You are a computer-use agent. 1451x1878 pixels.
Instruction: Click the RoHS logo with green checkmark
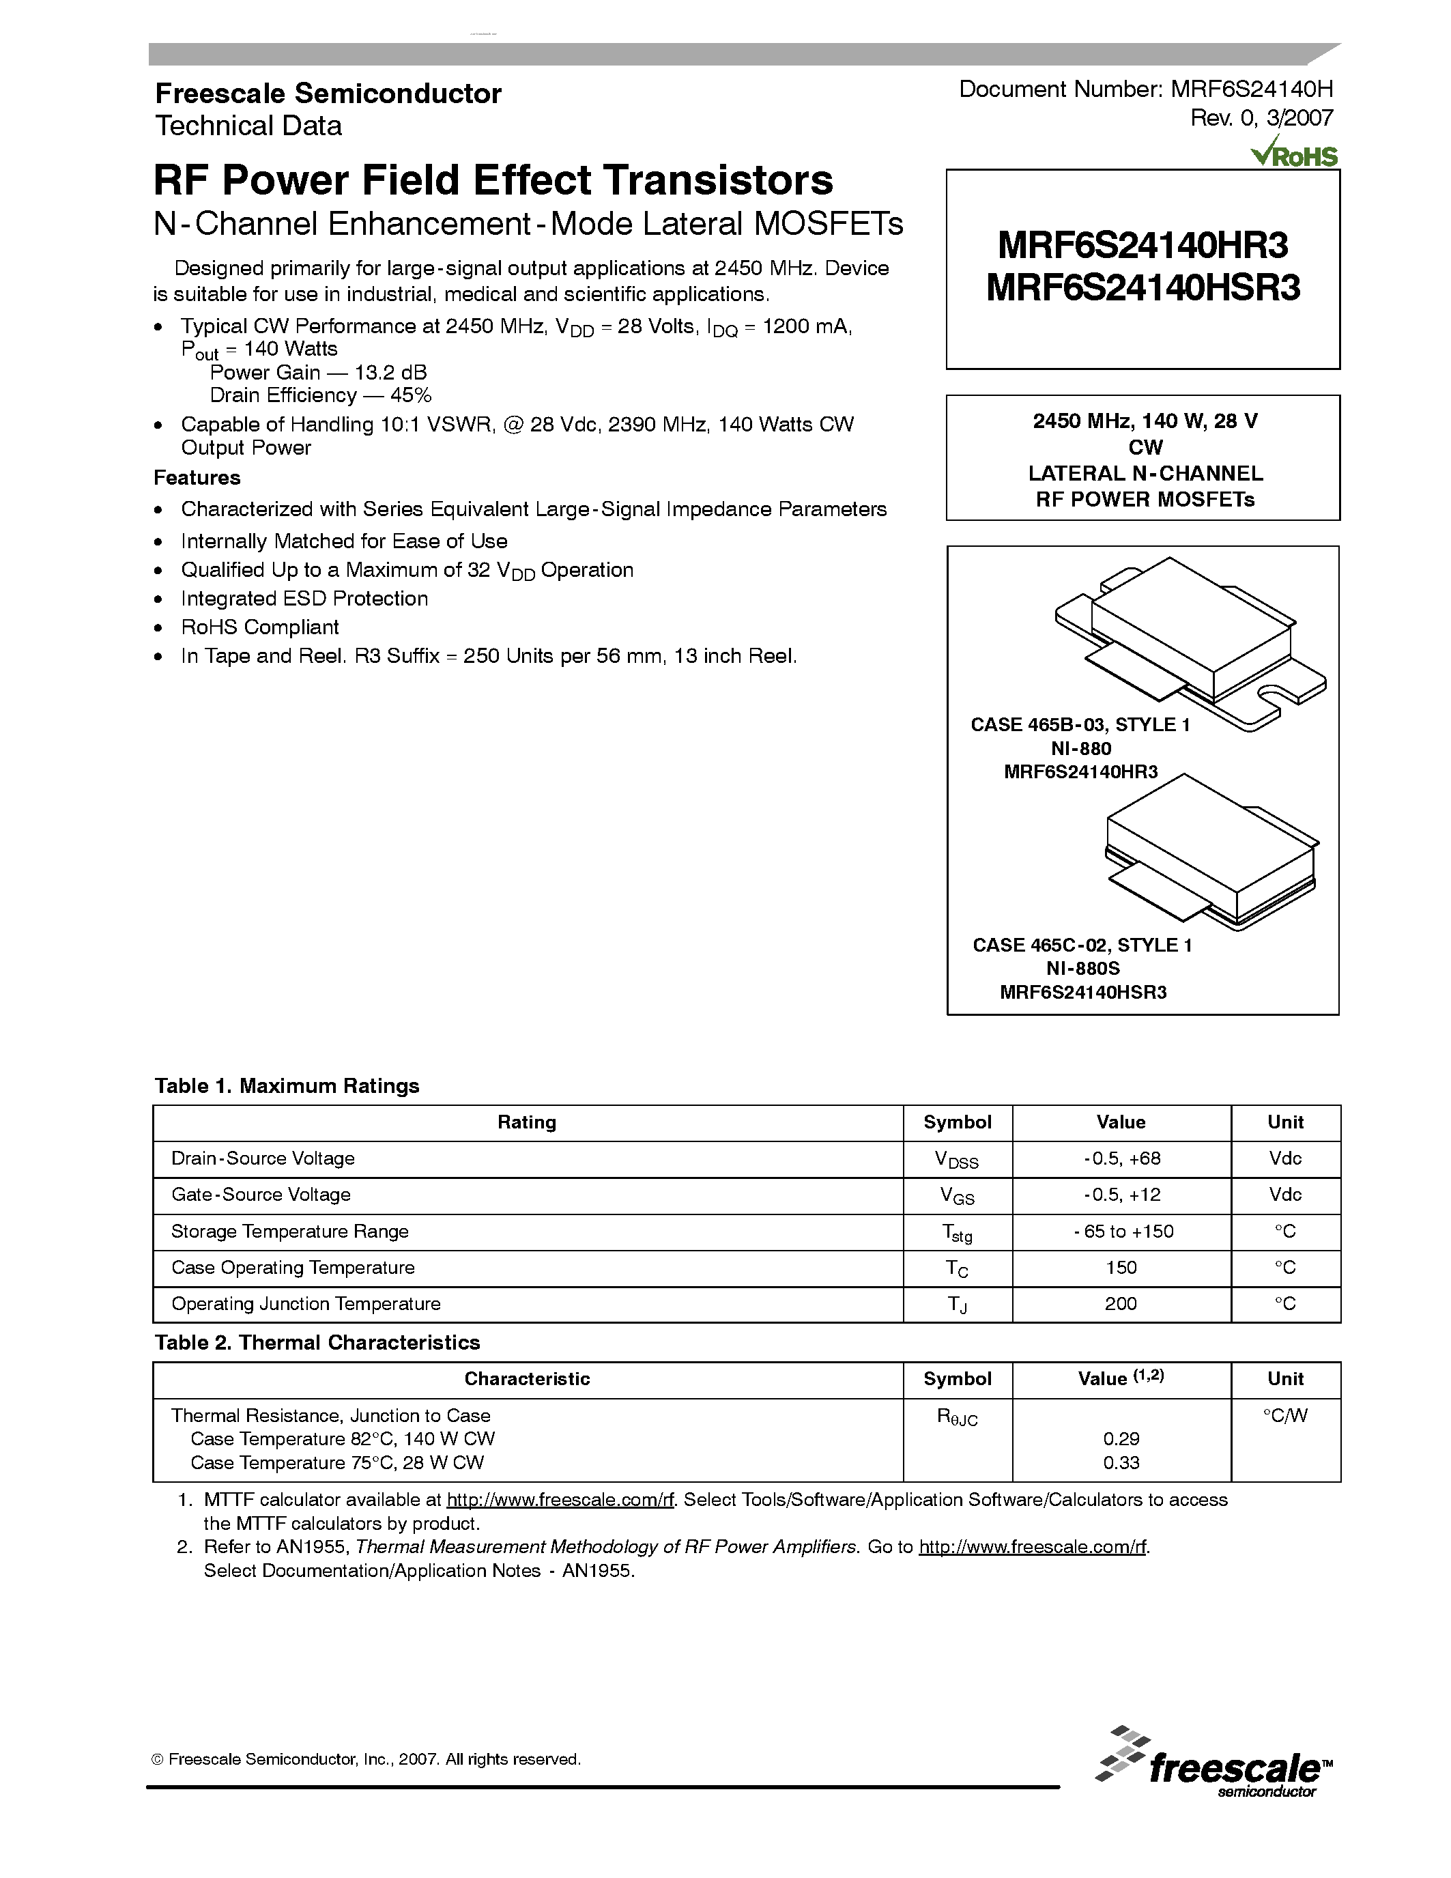click(1294, 153)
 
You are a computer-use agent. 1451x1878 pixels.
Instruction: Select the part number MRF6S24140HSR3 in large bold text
click(1143, 288)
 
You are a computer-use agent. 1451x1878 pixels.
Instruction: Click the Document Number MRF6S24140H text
click(1146, 89)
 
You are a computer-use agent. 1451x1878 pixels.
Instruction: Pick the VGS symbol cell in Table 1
click(957, 1195)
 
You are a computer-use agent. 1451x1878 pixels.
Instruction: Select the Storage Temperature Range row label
click(289, 1232)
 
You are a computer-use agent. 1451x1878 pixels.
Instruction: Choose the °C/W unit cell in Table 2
click(1285, 1415)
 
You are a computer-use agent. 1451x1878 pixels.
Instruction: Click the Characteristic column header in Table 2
click(527, 1379)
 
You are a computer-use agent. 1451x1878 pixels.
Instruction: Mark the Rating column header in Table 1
click(527, 1122)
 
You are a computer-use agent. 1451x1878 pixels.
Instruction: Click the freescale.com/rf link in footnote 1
click(560, 1500)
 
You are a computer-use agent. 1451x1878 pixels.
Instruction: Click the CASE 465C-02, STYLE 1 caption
click(1082, 945)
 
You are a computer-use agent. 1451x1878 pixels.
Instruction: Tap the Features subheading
click(197, 478)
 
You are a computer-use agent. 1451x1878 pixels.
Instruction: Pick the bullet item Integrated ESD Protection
click(304, 599)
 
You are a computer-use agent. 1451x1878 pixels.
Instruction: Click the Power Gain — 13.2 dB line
click(318, 372)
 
